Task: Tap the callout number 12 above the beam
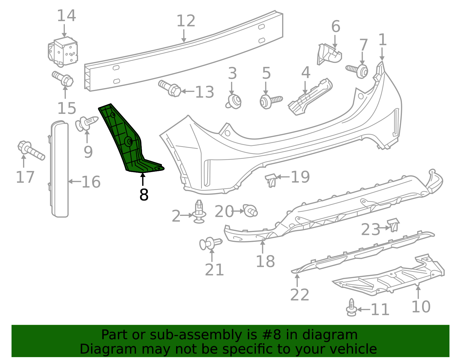pos(186,21)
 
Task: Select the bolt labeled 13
pos(170,88)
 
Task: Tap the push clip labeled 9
pos(86,123)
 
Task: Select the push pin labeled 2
pos(199,212)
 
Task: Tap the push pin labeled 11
pos(351,308)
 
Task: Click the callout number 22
pos(299,295)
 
